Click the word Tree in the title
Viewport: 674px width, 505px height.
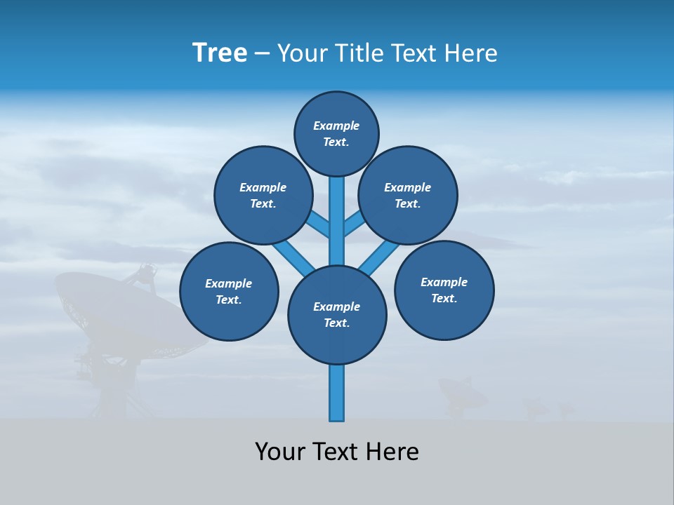tap(220, 53)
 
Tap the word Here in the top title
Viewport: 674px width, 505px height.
tap(469, 53)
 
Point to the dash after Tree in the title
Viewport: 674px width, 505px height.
tap(263, 54)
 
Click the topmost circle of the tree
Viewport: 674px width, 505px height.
tap(336, 134)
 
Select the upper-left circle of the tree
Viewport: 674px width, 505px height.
tap(263, 195)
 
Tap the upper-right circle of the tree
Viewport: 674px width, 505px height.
tap(408, 195)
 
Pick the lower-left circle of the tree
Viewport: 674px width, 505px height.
tap(229, 291)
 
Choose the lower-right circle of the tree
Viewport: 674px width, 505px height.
tap(444, 290)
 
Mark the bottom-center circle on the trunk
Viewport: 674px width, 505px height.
tap(337, 315)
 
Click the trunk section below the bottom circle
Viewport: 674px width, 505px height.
tap(337, 393)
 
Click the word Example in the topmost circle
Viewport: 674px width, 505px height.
tap(336, 126)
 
